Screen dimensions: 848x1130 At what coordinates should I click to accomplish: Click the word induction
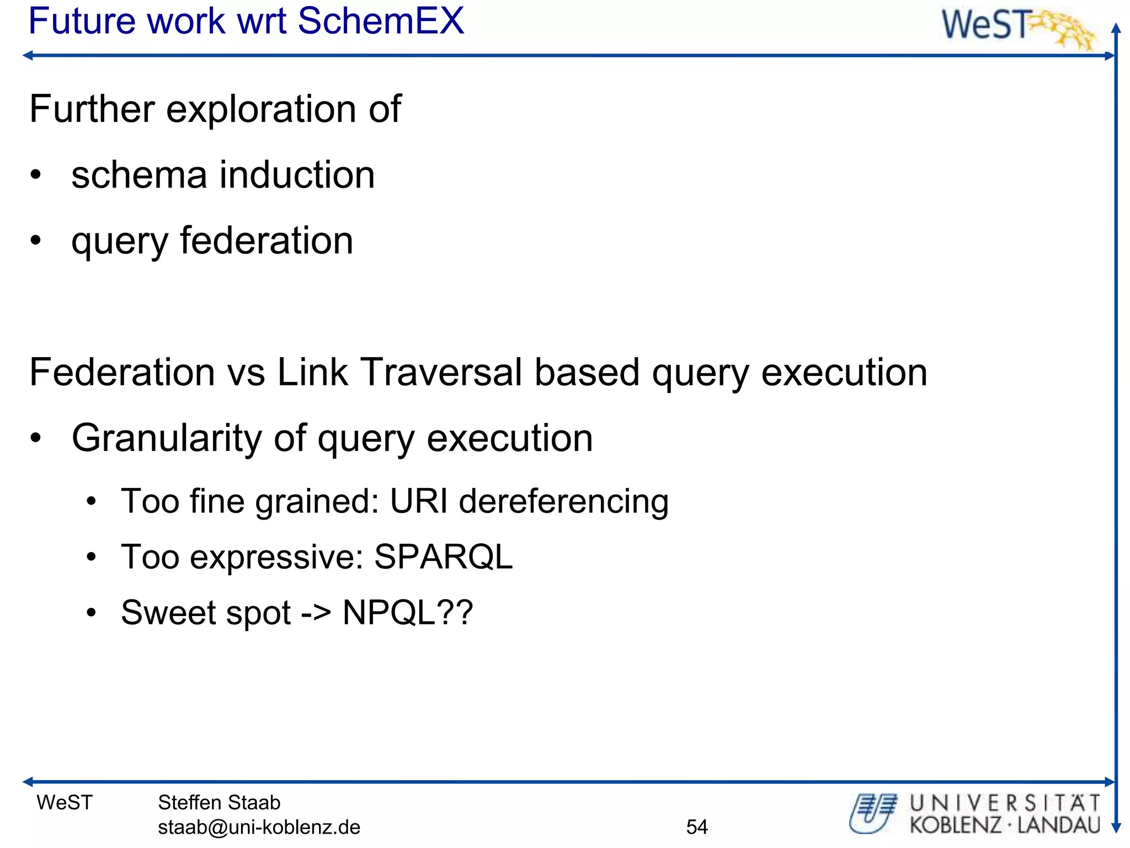pos(297,175)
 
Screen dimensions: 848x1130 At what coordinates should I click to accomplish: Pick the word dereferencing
pos(563,502)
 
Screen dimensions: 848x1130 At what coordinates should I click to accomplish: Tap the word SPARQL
pos(443,556)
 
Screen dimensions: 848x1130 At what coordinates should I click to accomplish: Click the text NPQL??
pos(408,613)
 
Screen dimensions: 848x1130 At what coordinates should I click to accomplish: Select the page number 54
pos(697,827)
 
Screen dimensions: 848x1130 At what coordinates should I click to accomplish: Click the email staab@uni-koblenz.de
pos(259,827)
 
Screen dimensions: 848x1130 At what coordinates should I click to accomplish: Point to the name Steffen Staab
pos(219,803)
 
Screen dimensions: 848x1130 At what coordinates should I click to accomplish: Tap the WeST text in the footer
pos(65,803)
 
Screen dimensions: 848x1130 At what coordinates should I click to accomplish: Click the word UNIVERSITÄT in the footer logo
pos(1005,803)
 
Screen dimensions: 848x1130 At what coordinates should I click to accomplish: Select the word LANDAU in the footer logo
pos(1059,825)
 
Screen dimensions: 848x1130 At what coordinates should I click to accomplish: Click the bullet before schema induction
pos(36,176)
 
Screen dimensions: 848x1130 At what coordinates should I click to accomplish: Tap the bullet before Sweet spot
pos(92,613)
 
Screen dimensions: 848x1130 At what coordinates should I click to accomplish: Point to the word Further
pos(92,109)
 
